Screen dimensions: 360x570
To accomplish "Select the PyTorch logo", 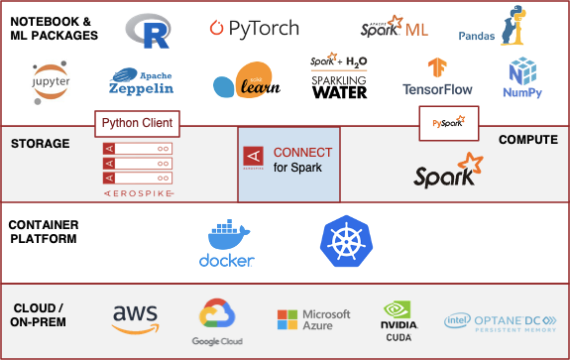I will coord(254,29).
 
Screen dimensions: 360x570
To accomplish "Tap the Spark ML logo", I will coord(396,28).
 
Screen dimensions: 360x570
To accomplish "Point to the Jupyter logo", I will coord(51,80).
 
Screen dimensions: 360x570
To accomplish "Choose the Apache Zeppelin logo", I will coord(141,80).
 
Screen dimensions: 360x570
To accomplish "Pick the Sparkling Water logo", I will coord(339,77).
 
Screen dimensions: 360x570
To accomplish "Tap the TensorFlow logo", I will coord(436,78).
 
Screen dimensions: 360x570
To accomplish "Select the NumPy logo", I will coord(522,78).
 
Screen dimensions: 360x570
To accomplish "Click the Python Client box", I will coord(138,124).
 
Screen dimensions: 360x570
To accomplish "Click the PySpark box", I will coord(448,123).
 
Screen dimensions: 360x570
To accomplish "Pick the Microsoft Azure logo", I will coord(313,319).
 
